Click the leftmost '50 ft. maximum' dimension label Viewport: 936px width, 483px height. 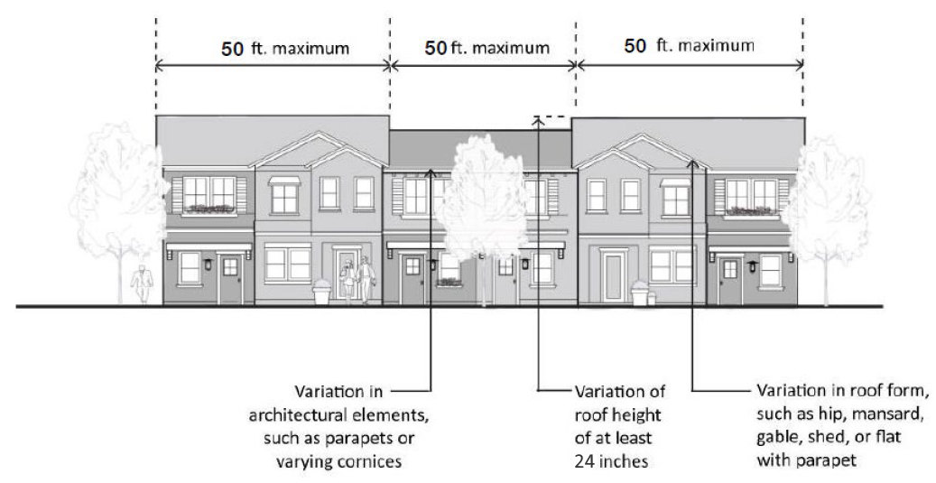click(x=285, y=48)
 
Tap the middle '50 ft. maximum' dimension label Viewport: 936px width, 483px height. click(x=486, y=47)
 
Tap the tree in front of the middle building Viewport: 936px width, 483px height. click(x=487, y=208)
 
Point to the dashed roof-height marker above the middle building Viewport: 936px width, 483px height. click(x=551, y=116)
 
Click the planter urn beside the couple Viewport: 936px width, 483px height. click(x=320, y=294)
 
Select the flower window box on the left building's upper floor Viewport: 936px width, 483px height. click(x=209, y=210)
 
